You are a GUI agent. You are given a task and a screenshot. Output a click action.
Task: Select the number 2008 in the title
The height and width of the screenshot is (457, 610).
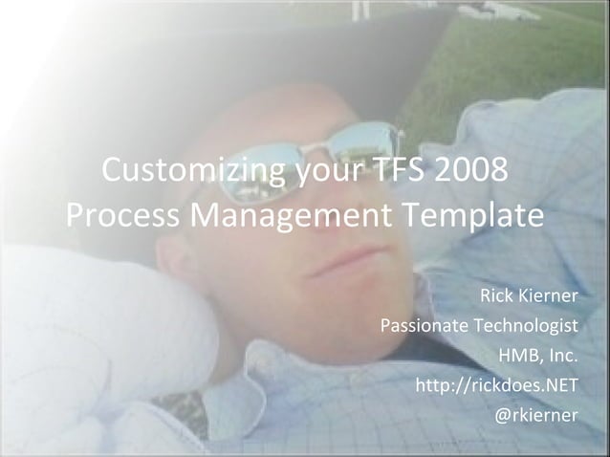[x=472, y=173]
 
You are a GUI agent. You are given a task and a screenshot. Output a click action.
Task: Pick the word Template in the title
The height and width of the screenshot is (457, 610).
[x=476, y=217]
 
